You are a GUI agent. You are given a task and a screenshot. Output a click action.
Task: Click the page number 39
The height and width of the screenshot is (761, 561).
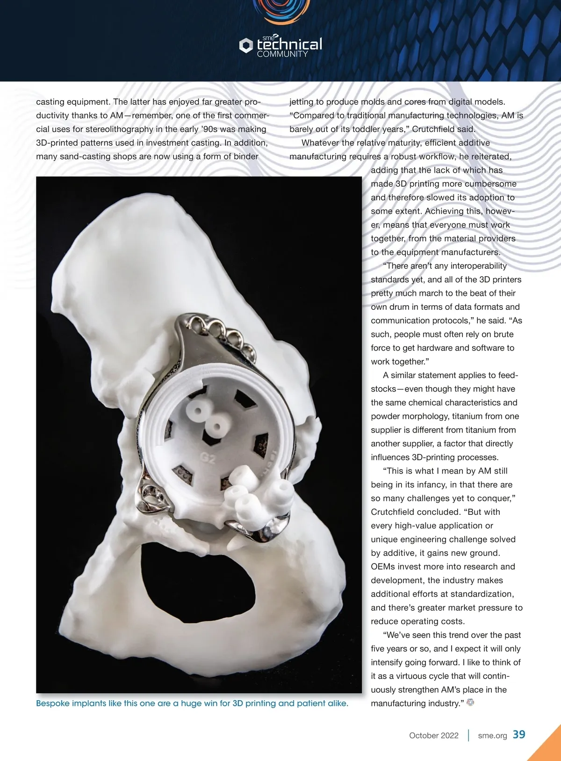click(x=519, y=734)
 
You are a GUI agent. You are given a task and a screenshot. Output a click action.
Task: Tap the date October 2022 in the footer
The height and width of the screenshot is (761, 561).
click(x=433, y=735)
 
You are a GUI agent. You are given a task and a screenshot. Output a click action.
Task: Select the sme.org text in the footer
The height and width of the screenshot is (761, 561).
click(x=492, y=735)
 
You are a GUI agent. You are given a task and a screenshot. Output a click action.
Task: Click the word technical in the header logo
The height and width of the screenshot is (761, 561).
click(x=289, y=44)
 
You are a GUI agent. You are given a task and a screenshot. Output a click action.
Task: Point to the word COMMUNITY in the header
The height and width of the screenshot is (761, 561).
click(x=282, y=54)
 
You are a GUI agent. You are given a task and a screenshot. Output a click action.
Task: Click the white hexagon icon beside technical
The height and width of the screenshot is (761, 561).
click(x=246, y=45)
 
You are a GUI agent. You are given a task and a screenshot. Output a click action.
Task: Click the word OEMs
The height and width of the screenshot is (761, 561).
click(x=383, y=567)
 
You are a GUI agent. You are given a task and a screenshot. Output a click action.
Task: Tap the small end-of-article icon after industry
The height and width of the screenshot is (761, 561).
click(x=470, y=702)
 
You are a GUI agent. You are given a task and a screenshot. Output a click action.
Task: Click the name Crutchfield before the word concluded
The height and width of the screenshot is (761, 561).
click(x=396, y=512)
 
